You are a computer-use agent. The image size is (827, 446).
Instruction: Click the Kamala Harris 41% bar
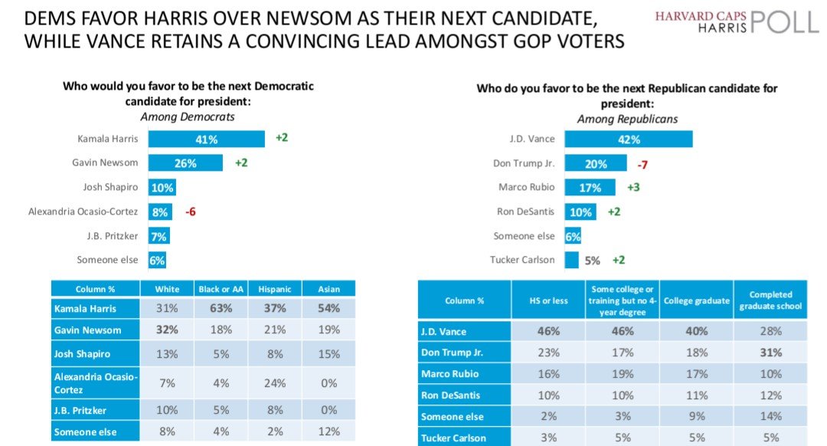[x=206, y=139]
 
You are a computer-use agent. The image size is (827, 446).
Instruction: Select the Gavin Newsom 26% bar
[x=185, y=163]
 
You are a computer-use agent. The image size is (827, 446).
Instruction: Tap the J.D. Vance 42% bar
[x=628, y=139]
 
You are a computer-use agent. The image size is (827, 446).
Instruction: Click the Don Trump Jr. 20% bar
[x=596, y=164]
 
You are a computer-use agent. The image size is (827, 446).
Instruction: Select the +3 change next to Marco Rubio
[x=633, y=188]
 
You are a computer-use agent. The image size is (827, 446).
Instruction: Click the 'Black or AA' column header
[x=219, y=289]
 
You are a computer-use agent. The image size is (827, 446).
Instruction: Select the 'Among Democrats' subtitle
[x=188, y=116]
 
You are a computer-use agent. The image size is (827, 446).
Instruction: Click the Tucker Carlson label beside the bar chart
[x=523, y=260]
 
